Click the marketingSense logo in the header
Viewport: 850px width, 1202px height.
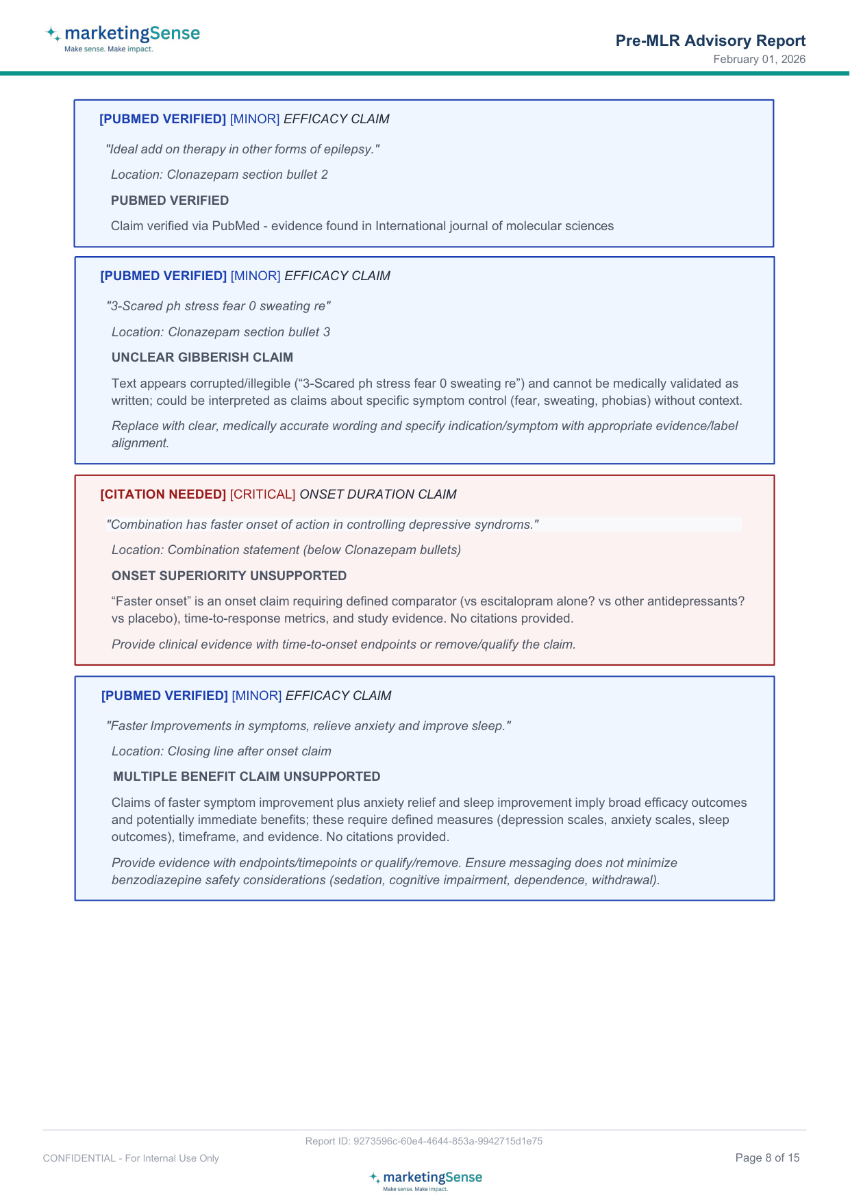(x=123, y=38)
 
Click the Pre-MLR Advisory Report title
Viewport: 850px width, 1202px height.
(x=710, y=40)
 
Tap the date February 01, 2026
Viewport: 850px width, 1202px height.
(x=759, y=60)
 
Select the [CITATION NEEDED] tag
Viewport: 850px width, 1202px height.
(x=163, y=494)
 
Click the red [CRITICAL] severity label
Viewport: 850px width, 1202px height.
(x=262, y=494)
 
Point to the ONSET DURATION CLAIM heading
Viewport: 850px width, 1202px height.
(x=378, y=494)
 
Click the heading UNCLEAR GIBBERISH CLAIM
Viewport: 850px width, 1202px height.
(x=202, y=358)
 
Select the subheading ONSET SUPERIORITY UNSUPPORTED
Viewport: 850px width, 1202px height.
(x=229, y=576)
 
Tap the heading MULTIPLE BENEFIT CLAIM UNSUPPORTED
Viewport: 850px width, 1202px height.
(x=247, y=777)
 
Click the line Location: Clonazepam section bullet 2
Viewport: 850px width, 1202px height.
(x=219, y=175)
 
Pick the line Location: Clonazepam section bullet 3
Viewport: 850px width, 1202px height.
(x=221, y=332)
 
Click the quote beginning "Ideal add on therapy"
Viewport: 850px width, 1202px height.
(x=242, y=149)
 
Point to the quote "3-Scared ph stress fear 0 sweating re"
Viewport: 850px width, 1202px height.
(x=218, y=306)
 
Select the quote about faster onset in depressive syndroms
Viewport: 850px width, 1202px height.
(x=323, y=525)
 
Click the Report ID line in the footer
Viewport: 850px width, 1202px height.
(x=424, y=1141)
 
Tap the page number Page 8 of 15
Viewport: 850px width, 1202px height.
(x=767, y=1158)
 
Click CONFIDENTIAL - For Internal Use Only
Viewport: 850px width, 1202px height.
(x=131, y=1158)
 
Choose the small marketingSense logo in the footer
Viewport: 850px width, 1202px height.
(x=425, y=1180)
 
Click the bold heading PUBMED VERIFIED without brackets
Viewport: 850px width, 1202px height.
(x=170, y=201)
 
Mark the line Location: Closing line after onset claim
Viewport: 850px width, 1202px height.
(x=221, y=751)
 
